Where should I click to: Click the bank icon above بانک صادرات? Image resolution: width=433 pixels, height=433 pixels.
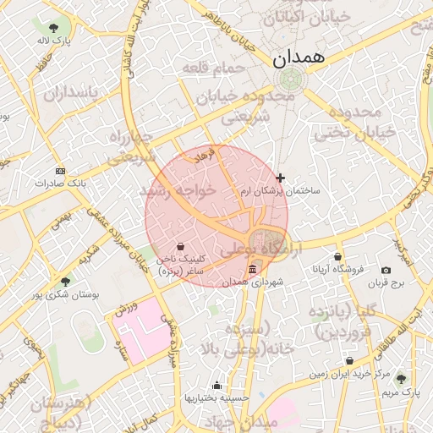pos(59,170)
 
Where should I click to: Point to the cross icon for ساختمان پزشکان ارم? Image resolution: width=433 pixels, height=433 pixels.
pos(280,178)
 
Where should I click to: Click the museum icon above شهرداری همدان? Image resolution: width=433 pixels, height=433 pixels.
pos(251,270)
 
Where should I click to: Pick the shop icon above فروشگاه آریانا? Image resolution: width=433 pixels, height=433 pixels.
pos(338,257)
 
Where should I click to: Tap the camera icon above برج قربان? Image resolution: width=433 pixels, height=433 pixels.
pos(386,270)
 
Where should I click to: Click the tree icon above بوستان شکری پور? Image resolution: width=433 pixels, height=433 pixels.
pos(65,282)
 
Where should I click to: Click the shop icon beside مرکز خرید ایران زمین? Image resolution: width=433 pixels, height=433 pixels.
pos(349,361)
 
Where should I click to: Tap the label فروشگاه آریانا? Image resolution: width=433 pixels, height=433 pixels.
pos(338,270)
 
